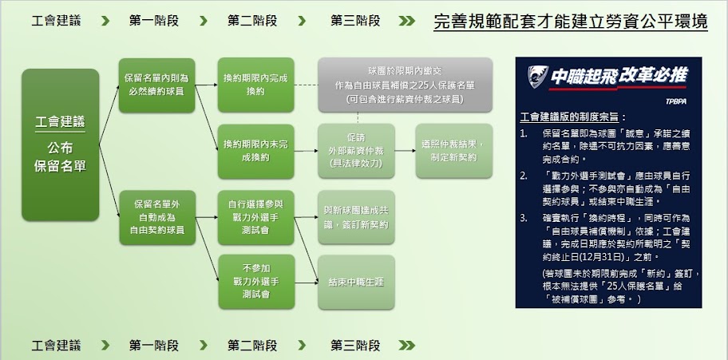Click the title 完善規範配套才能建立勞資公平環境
tap(571, 22)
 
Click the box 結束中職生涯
tap(352, 281)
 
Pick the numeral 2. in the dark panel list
tap(524, 174)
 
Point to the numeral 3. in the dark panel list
tap(524, 216)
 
